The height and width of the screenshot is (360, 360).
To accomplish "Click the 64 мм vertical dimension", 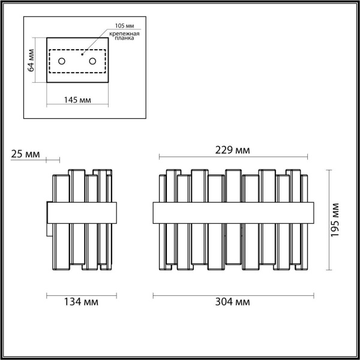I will pos(31,59).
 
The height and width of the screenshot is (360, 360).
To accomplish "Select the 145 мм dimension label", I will pos(77,100).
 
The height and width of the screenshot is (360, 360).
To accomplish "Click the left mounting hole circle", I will pos(62,61).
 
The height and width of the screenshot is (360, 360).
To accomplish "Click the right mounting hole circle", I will pos(92,61).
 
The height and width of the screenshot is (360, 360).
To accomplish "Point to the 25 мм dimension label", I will pos(25,155).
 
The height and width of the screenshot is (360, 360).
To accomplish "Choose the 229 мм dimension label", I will pos(233,150).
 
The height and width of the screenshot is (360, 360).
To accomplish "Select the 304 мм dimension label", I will pos(233,302).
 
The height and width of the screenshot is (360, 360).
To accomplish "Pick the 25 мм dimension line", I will pos(53,160).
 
